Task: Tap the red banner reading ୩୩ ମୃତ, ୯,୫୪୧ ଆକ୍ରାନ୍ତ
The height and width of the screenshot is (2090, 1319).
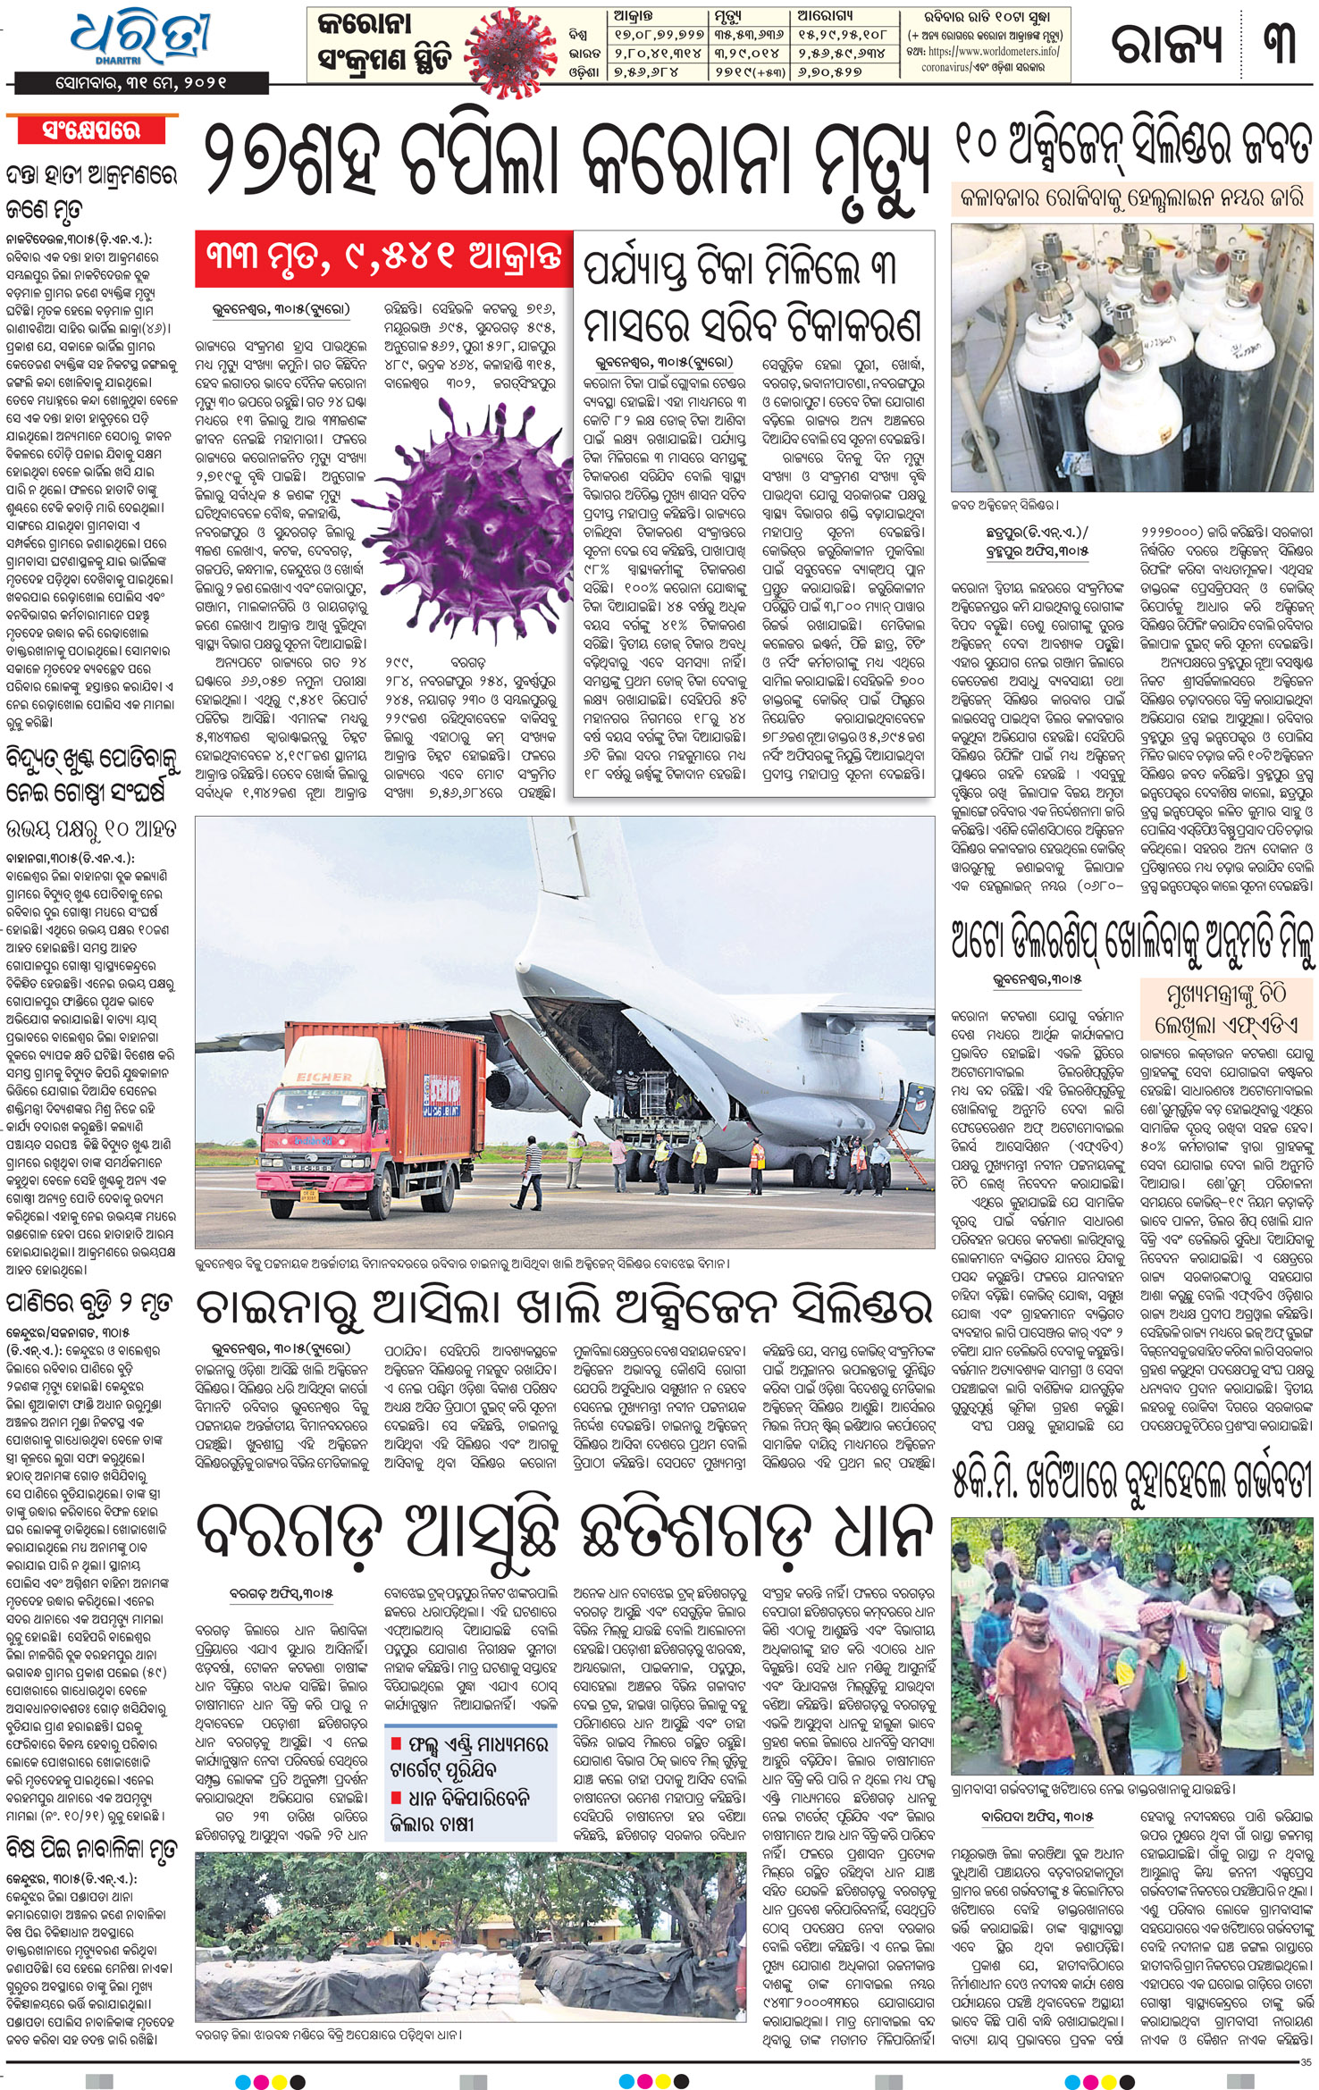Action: (x=384, y=259)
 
